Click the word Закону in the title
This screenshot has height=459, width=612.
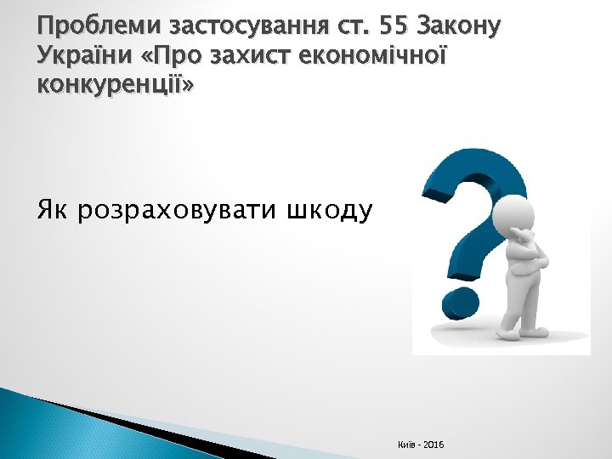click(x=464, y=28)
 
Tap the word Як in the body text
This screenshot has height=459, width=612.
click(x=52, y=209)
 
